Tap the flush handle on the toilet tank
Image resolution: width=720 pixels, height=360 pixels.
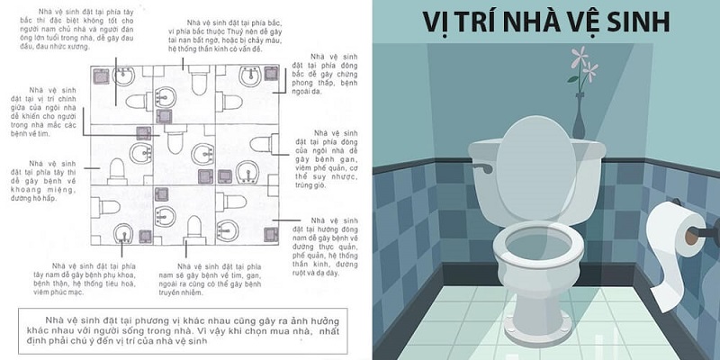486,167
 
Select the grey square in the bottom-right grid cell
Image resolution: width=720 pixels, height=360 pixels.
269,234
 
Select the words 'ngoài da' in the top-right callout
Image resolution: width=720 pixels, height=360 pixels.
305,89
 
